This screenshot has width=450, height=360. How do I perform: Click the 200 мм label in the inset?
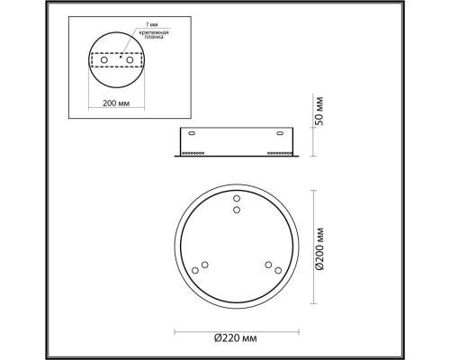point(116,103)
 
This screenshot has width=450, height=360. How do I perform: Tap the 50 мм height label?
point(319,111)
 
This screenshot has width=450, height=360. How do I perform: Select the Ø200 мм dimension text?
point(319,249)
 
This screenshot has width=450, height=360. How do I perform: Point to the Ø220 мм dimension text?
point(236,338)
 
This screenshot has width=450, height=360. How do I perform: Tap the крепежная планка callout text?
point(154,35)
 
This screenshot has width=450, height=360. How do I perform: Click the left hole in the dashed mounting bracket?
point(104,60)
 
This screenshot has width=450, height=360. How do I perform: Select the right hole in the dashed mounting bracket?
point(130,60)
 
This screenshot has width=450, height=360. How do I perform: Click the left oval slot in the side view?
point(192,133)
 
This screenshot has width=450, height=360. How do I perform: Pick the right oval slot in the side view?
point(280,133)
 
